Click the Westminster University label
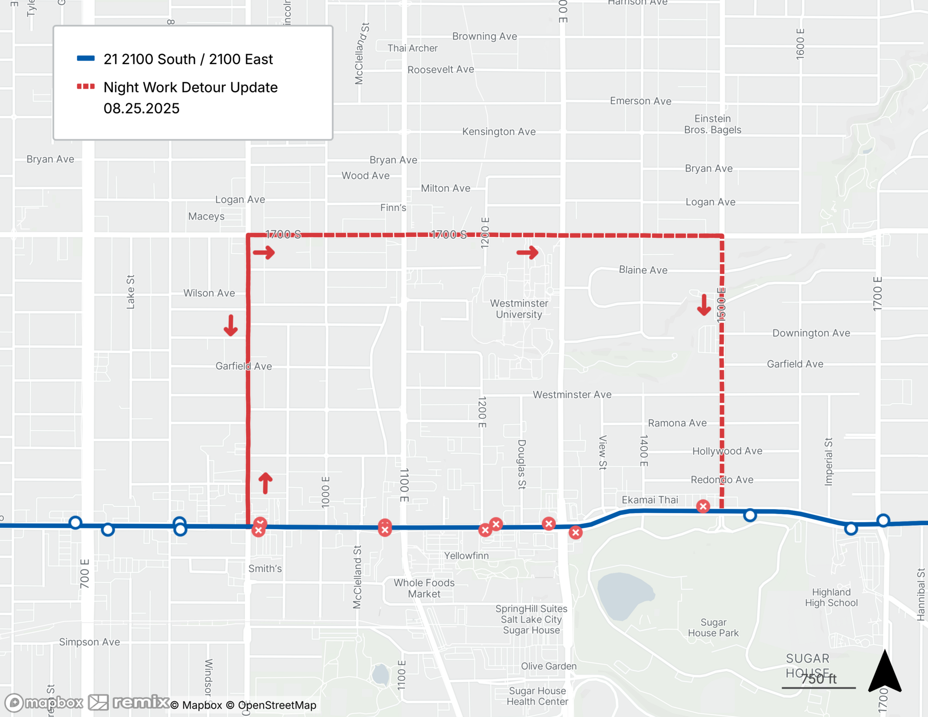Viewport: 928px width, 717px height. tap(519, 309)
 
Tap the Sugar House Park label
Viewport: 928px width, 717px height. tap(713, 627)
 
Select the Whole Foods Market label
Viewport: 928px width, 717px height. tap(424, 588)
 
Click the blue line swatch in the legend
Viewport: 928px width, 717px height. tap(86, 58)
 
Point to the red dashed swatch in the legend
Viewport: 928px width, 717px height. tap(86, 86)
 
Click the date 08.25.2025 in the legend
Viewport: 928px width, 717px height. tap(142, 108)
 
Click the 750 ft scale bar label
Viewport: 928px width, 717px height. tap(818, 679)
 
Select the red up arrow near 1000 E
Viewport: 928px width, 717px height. tap(265, 483)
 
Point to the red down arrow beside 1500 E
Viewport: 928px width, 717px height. tap(704, 305)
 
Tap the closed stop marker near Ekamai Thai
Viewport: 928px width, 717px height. tap(703, 506)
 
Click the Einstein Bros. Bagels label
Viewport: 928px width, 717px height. tap(713, 124)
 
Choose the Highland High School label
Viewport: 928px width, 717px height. tap(831, 597)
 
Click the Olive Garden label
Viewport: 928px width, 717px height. tap(548, 666)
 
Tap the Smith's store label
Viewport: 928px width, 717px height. tap(265, 568)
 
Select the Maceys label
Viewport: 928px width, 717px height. tap(206, 216)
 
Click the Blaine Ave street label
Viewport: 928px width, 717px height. tap(643, 270)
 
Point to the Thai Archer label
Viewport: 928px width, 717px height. tap(412, 48)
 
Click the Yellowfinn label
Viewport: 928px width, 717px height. tap(466, 556)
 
